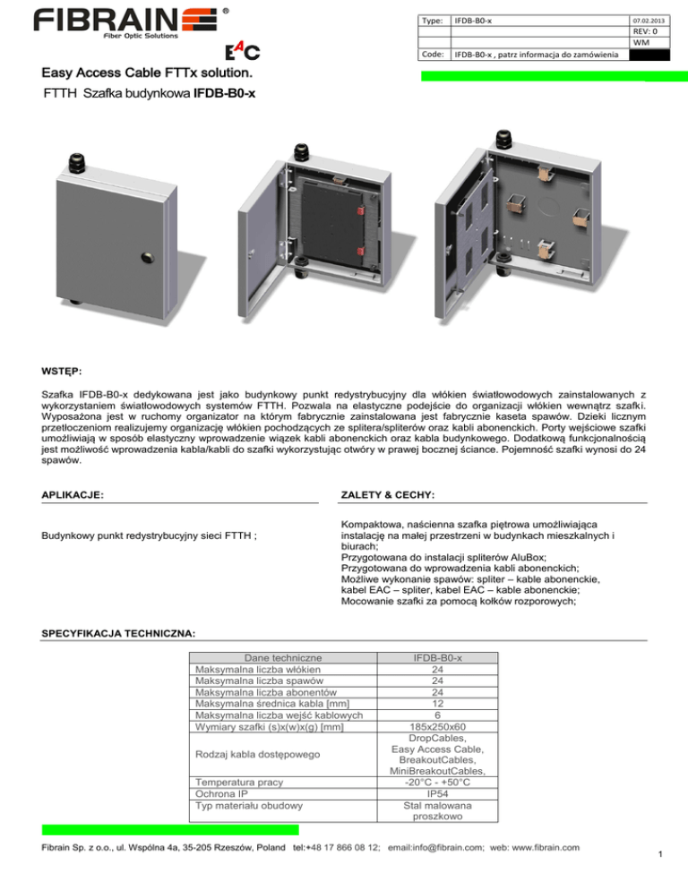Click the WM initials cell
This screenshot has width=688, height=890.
pyautogui.click(x=640, y=42)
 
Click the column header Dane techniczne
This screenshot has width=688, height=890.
pyautogui.click(x=271, y=658)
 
